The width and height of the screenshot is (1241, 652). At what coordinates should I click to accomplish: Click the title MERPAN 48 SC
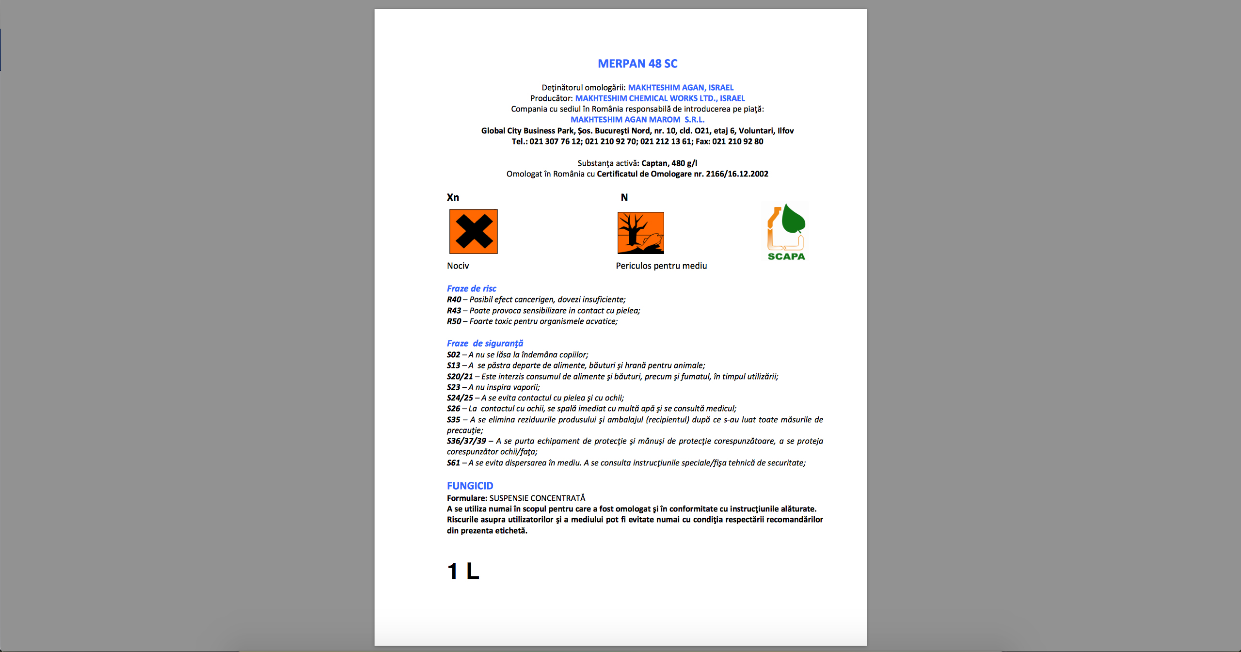(x=637, y=64)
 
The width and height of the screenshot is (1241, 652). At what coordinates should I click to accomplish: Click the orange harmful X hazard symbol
(x=473, y=231)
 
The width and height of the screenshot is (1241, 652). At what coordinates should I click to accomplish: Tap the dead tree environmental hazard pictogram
(x=640, y=233)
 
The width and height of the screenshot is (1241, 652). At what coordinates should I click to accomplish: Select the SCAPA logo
(x=786, y=232)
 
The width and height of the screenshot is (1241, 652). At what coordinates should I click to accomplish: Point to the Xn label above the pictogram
(x=453, y=197)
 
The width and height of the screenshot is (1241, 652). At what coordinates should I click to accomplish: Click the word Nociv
(x=458, y=266)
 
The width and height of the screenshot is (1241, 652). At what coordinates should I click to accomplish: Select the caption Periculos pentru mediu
(x=661, y=266)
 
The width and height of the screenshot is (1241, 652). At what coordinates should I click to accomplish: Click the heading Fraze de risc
(x=471, y=288)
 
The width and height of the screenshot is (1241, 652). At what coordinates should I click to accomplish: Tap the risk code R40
(x=454, y=300)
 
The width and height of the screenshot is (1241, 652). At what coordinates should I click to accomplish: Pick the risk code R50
(x=454, y=321)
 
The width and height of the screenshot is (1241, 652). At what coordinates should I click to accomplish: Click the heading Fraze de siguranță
(x=485, y=343)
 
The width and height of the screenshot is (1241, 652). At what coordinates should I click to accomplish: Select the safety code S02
(x=453, y=355)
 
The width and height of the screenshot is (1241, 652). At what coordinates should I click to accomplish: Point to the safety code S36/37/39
(x=466, y=441)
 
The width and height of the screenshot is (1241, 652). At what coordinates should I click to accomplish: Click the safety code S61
(x=453, y=463)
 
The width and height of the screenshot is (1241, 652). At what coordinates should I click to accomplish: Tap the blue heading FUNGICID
(x=470, y=486)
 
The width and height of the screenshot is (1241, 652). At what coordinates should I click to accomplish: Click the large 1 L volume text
(x=463, y=571)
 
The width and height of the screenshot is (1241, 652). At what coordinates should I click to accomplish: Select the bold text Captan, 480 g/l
(x=669, y=163)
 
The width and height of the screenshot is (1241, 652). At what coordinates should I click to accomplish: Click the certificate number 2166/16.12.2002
(x=737, y=174)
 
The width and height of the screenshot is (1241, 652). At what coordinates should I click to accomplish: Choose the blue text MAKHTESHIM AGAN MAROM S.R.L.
(x=637, y=120)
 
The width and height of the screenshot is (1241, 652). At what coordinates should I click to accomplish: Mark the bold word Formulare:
(x=467, y=498)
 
